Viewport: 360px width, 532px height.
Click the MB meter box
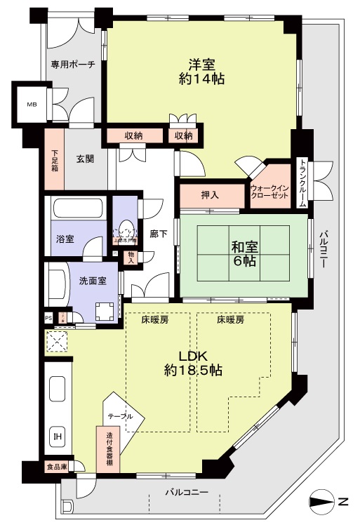32,105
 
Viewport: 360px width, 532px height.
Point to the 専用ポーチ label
71,65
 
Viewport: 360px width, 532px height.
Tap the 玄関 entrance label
86,159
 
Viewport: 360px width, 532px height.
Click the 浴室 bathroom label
65,239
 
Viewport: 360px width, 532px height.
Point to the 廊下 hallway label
159,234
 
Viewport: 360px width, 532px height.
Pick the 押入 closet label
211,194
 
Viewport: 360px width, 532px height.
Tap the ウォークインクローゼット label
269,194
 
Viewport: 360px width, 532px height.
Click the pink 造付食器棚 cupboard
108,450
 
